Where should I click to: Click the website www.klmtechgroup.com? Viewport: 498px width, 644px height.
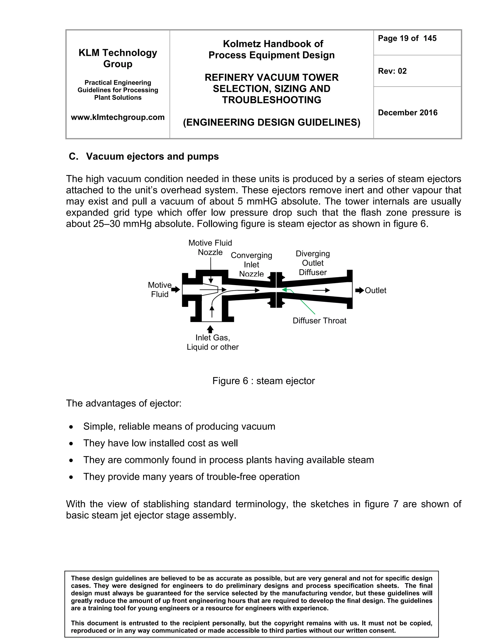pyautogui.click(x=118, y=117)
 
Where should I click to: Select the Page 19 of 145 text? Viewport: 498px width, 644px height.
pyautogui.click(x=407, y=38)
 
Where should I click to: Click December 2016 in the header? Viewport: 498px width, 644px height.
pyautogui.click(x=408, y=113)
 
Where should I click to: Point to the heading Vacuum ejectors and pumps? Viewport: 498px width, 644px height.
pyautogui.click(x=152, y=156)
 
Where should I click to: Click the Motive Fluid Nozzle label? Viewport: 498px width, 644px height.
pyautogui.click(x=210, y=247)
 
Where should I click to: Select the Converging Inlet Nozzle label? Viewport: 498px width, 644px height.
pyautogui.click(x=251, y=264)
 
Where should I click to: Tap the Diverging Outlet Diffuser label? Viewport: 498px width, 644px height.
pyautogui.click(x=313, y=263)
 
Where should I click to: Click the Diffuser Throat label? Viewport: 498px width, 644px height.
pyautogui.click(x=319, y=321)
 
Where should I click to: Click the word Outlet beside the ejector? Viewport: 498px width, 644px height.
pyautogui.click(x=375, y=290)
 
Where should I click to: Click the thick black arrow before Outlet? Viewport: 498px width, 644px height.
pyautogui.click(x=359, y=290)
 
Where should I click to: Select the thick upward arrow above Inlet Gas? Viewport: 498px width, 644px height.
pyautogui.click(x=210, y=329)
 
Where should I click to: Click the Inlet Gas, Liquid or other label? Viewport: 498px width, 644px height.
pyautogui.click(x=213, y=342)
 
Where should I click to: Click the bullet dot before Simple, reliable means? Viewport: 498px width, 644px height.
pyautogui.click(x=71, y=427)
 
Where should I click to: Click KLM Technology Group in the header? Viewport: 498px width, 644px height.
pyautogui.click(x=118, y=58)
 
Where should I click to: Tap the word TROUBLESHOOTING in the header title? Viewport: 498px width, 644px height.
pyautogui.click(x=271, y=100)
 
